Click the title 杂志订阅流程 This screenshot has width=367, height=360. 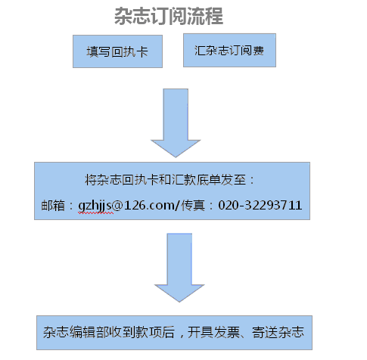(x=169, y=16)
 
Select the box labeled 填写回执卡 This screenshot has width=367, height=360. (x=117, y=51)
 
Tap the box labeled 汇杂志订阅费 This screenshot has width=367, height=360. (x=229, y=51)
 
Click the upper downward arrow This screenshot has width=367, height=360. (x=176, y=123)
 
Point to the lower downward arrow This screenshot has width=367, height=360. (x=179, y=268)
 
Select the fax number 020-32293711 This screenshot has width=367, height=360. (x=260, y=205)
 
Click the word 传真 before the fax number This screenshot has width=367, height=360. (x=193, y=206)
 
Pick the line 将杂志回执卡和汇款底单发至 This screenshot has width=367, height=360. (x=165, y=180)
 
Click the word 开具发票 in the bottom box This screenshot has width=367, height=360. (x=213, y=332)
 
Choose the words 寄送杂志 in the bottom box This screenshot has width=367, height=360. (x=278, y=332)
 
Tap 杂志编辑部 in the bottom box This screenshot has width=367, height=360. (x=76, y=332)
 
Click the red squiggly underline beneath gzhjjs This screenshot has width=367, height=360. (x=96, y=213)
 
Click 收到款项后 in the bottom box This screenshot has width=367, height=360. (x=142, y=332)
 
